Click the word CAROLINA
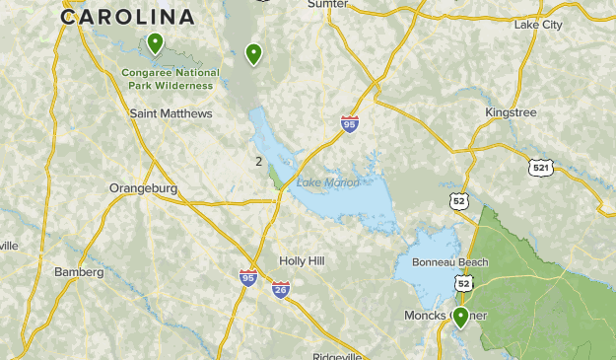[x=127, y=17]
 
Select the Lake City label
[x=537, y=24]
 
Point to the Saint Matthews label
[x=171, y=113]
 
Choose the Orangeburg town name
[x=143, y=187]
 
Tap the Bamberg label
[x=79, y=271]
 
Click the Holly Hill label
[x=302, y=260]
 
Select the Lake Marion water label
[x=327, y=182]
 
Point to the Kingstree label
[x=511, y=112]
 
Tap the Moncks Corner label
[x=445, y=316]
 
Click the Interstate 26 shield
[x=281, y=290]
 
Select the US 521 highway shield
[x=538, y=168]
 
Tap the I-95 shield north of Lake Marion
[x=349, y=123]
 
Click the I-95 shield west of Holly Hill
[x=247, y=278]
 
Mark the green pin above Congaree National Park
[x=155, y=43]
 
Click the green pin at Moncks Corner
[x=460, y=317]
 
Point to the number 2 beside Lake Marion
[x=258, y=162]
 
